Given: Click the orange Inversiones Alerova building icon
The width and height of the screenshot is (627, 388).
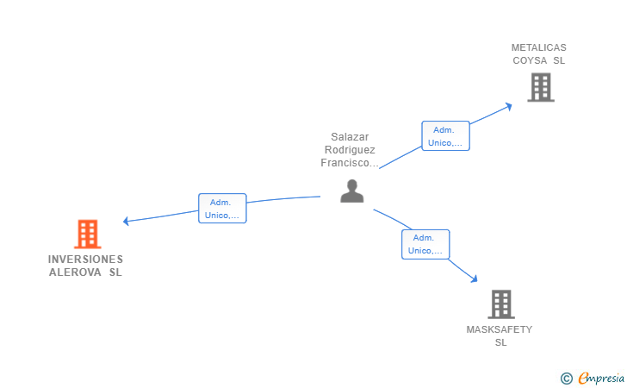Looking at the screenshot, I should tap(87, 234).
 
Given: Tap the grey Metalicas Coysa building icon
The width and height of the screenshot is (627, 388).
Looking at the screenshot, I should tap(540, 87).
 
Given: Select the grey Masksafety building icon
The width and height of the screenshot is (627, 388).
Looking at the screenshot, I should tap(500, 304).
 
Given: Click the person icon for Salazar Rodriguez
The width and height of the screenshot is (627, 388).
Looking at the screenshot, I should tap(351, 191).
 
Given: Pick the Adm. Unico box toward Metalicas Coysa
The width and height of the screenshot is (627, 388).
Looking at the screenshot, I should tap(445, 136).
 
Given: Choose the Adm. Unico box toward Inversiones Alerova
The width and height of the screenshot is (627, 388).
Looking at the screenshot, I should tap(222, 209).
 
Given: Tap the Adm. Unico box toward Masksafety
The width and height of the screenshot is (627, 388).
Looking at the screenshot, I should tap(425, 244).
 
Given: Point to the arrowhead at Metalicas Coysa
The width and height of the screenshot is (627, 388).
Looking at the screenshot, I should tap(509, 106).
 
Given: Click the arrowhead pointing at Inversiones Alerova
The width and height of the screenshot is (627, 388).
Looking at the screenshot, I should tap(126, 221).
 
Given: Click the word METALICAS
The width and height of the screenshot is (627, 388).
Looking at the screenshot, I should tap(539, 47).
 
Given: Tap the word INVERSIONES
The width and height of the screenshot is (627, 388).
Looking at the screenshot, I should tap(85, 259).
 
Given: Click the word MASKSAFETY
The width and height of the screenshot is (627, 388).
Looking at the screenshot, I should tap(500, 329).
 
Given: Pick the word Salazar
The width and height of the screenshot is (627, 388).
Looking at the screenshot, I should tap(350, 136).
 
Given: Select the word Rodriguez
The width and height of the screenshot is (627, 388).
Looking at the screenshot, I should tap(350, 149).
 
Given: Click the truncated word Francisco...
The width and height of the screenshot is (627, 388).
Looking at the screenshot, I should tap(349, 162).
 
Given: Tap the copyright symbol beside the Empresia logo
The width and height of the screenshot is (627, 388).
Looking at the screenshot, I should tap(566, 378).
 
